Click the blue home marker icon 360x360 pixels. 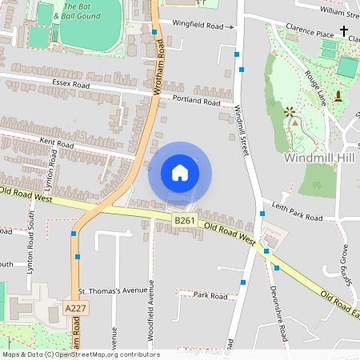click(x=180, y=173)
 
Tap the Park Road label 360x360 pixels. click(x=210, y=295)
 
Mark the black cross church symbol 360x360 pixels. click(x=345, y=31)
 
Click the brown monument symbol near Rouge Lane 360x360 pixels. click(x=338, y=97)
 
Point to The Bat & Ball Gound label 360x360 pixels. click(x=78, y=12)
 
